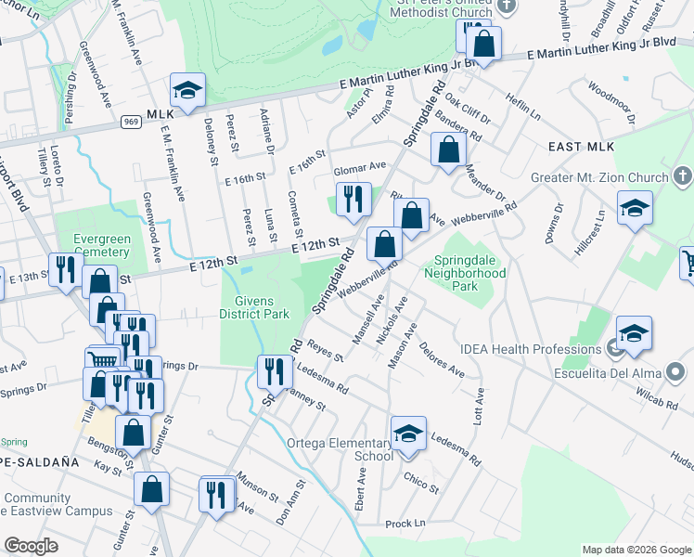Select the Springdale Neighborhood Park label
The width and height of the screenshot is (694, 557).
[x=466, y=266]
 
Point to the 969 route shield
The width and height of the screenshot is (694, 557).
[x=132, y=121]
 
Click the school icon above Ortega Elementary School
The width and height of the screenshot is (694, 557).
[x=408, y=434]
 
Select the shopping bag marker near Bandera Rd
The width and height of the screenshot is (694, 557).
[x=448, y=150]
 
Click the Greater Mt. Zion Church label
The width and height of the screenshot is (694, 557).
[x=599, y=177]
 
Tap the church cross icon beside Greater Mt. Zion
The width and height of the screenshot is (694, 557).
[x=681, y=176]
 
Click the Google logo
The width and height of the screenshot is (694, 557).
[x=32, y=546]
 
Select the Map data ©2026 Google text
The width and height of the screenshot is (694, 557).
[x=636, y=550]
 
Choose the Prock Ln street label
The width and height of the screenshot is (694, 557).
[x=405, y=524]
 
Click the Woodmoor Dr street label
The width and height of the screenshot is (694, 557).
[x=610, y=101]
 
